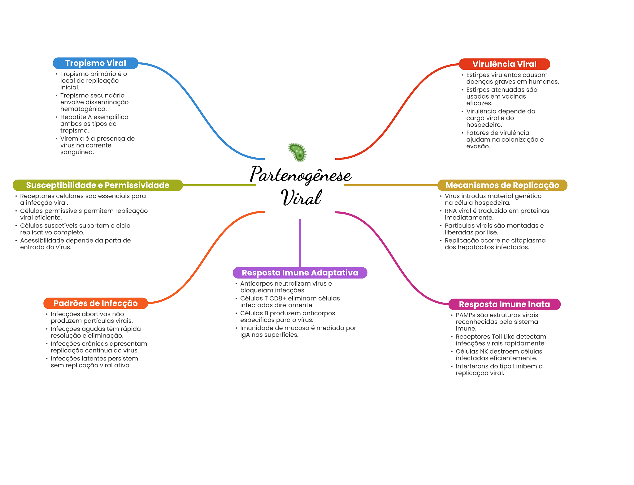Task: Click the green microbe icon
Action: click(297, 152)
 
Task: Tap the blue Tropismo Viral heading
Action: click(96, 63)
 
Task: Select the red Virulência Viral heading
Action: click(504, 64)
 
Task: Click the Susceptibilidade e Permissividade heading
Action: click(98, 185)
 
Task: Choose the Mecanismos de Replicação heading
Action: click(502, 185)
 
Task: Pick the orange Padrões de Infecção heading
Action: click(96, 303)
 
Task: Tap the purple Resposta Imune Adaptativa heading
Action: click(300, 273)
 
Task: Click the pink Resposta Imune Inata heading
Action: click(504, 304)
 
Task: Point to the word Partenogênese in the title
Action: click(301, 175)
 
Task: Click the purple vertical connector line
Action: click(300, 243)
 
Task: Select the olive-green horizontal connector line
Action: click(219, 185)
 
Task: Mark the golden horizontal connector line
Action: click(391, 185)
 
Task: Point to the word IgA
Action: click(245, 335)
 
